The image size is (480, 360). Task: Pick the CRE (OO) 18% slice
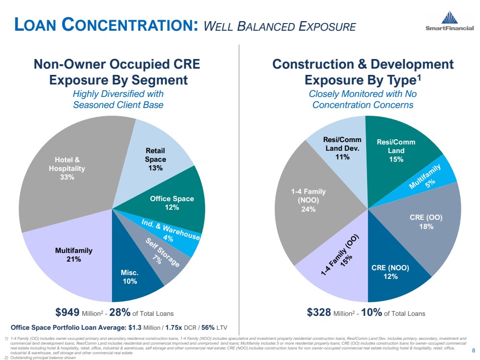pos(425,221)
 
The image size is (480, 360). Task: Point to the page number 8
pos(474,350)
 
